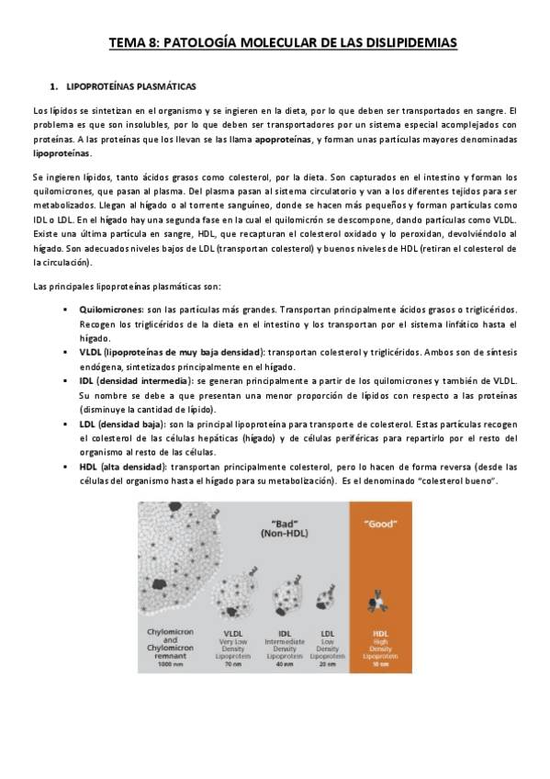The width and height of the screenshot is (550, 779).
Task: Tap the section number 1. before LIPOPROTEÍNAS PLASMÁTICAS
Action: [x=57, y=86]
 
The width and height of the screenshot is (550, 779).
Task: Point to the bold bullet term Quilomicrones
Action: [x=107, y=312]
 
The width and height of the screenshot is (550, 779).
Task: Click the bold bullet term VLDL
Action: [x=91, y=352]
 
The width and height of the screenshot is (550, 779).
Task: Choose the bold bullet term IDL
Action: [x=86, y=378]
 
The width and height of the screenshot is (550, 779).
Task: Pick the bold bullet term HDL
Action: [x=88, y=468]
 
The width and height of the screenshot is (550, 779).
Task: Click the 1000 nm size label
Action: [x=172, y=663]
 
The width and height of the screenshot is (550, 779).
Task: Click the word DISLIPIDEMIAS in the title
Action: [x=395, y=42]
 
